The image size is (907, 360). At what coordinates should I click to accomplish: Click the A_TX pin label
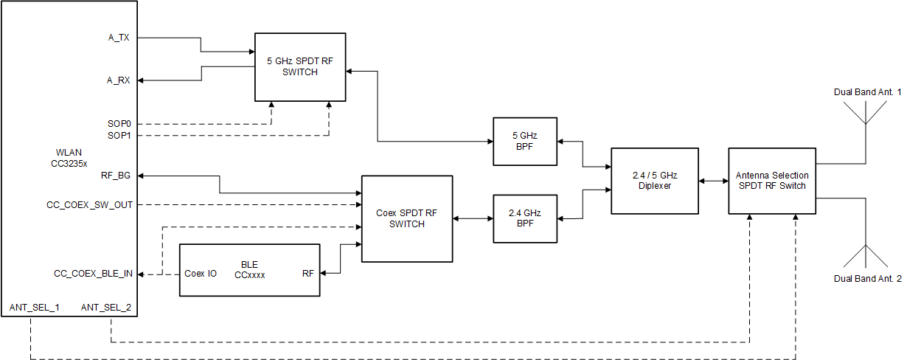tap(119, 37)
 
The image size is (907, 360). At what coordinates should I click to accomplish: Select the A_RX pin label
tap(119, 80)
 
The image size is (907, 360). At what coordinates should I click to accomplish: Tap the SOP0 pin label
tap(119, 123)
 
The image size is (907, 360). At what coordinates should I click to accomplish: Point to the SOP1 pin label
tap(119, 136)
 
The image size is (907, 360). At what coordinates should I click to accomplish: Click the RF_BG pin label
tap(116, 176)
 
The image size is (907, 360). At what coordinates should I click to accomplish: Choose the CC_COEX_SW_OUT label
tap(89, 204)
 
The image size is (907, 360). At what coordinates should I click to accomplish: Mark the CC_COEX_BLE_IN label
tap(93, 274)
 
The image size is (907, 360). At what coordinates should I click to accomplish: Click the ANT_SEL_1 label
tap(34, 307)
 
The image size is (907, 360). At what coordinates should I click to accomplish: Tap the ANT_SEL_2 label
tap(105, 307)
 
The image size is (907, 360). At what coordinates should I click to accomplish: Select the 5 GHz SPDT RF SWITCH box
tap(300, 67)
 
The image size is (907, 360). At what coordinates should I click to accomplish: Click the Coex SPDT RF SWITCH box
tap(406, 218)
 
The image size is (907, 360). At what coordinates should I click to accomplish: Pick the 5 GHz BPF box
tap(525, 142)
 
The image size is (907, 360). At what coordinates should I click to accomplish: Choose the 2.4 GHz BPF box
tap(525, 218)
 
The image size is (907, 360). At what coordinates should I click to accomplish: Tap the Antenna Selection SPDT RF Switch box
tap(772, 181)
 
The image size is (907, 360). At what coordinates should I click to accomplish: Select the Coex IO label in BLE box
tap(200, 274)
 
